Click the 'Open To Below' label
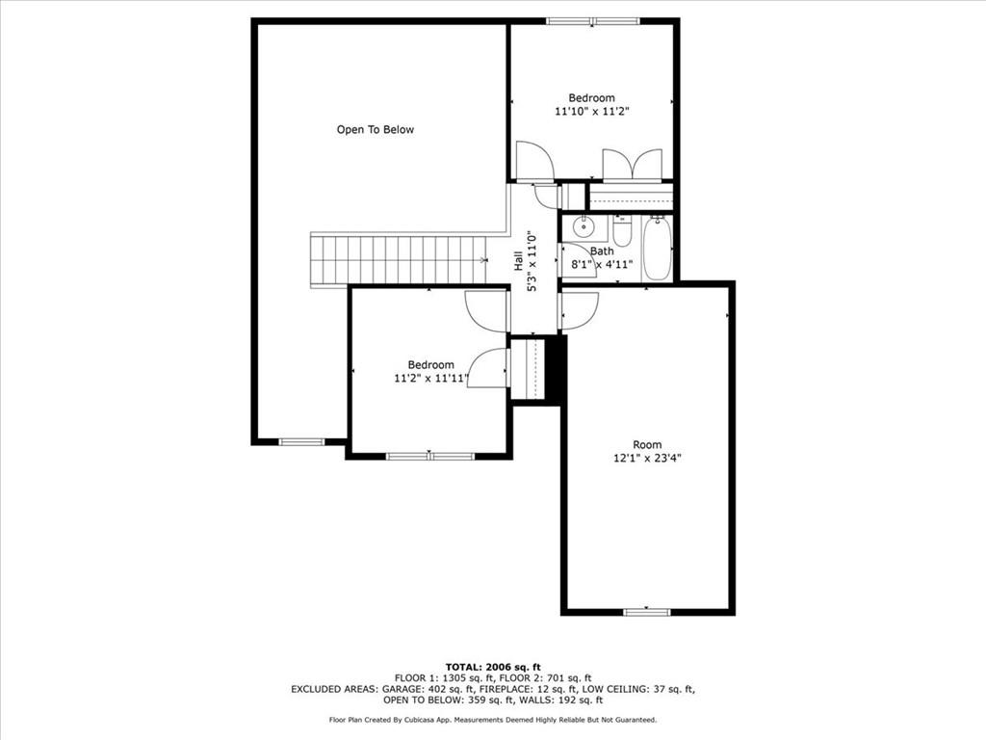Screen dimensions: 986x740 pos(376,130)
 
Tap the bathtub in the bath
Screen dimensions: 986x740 pos(658,248)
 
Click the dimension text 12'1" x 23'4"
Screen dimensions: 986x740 pos(648,458)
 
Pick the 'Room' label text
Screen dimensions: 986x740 pos(647,444)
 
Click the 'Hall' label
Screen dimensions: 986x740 pos(518,260)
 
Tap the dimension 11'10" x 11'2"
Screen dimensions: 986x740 pos(592,112)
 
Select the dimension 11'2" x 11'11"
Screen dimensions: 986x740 pos(430,378)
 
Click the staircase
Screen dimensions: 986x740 pos(400,260)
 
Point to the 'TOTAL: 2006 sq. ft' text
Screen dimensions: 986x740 pos(493,667)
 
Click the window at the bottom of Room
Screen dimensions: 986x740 pos(647,612)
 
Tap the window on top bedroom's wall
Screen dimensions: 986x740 pos(593,21)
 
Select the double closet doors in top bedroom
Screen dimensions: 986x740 pos(632,165)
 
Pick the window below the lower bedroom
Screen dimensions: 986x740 pos(430,456)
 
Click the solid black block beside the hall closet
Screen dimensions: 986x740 pos(554,369)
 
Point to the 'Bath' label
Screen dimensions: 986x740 pos(602,251)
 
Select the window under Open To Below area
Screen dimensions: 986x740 pos(301,441)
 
